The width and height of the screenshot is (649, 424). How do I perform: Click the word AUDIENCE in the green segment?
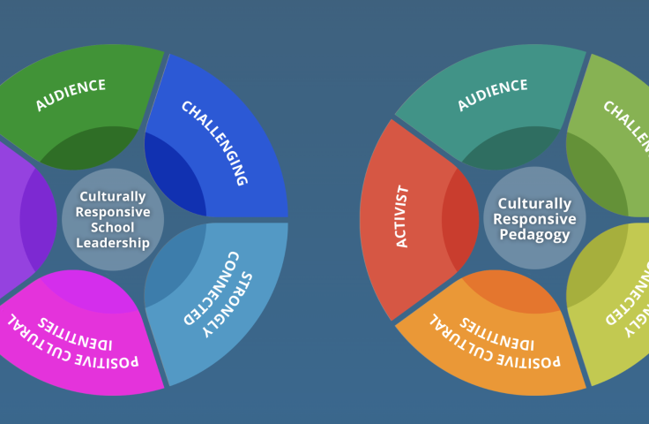coord(71,95)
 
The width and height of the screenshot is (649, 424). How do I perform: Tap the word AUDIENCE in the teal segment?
coord(492,95)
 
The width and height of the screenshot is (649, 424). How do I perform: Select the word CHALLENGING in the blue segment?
coord(213,143)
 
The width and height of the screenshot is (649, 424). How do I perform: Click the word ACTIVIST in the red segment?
coord(402,216)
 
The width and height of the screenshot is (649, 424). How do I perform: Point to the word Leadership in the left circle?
coord(113,243)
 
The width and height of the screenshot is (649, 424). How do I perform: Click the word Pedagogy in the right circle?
coord(534,235)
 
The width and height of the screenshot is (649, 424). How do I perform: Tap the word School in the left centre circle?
coord(113,228)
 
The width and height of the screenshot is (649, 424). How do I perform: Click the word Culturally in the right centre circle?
coord(534,203)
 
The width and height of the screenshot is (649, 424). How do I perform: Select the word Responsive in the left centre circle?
coord(113,212)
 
